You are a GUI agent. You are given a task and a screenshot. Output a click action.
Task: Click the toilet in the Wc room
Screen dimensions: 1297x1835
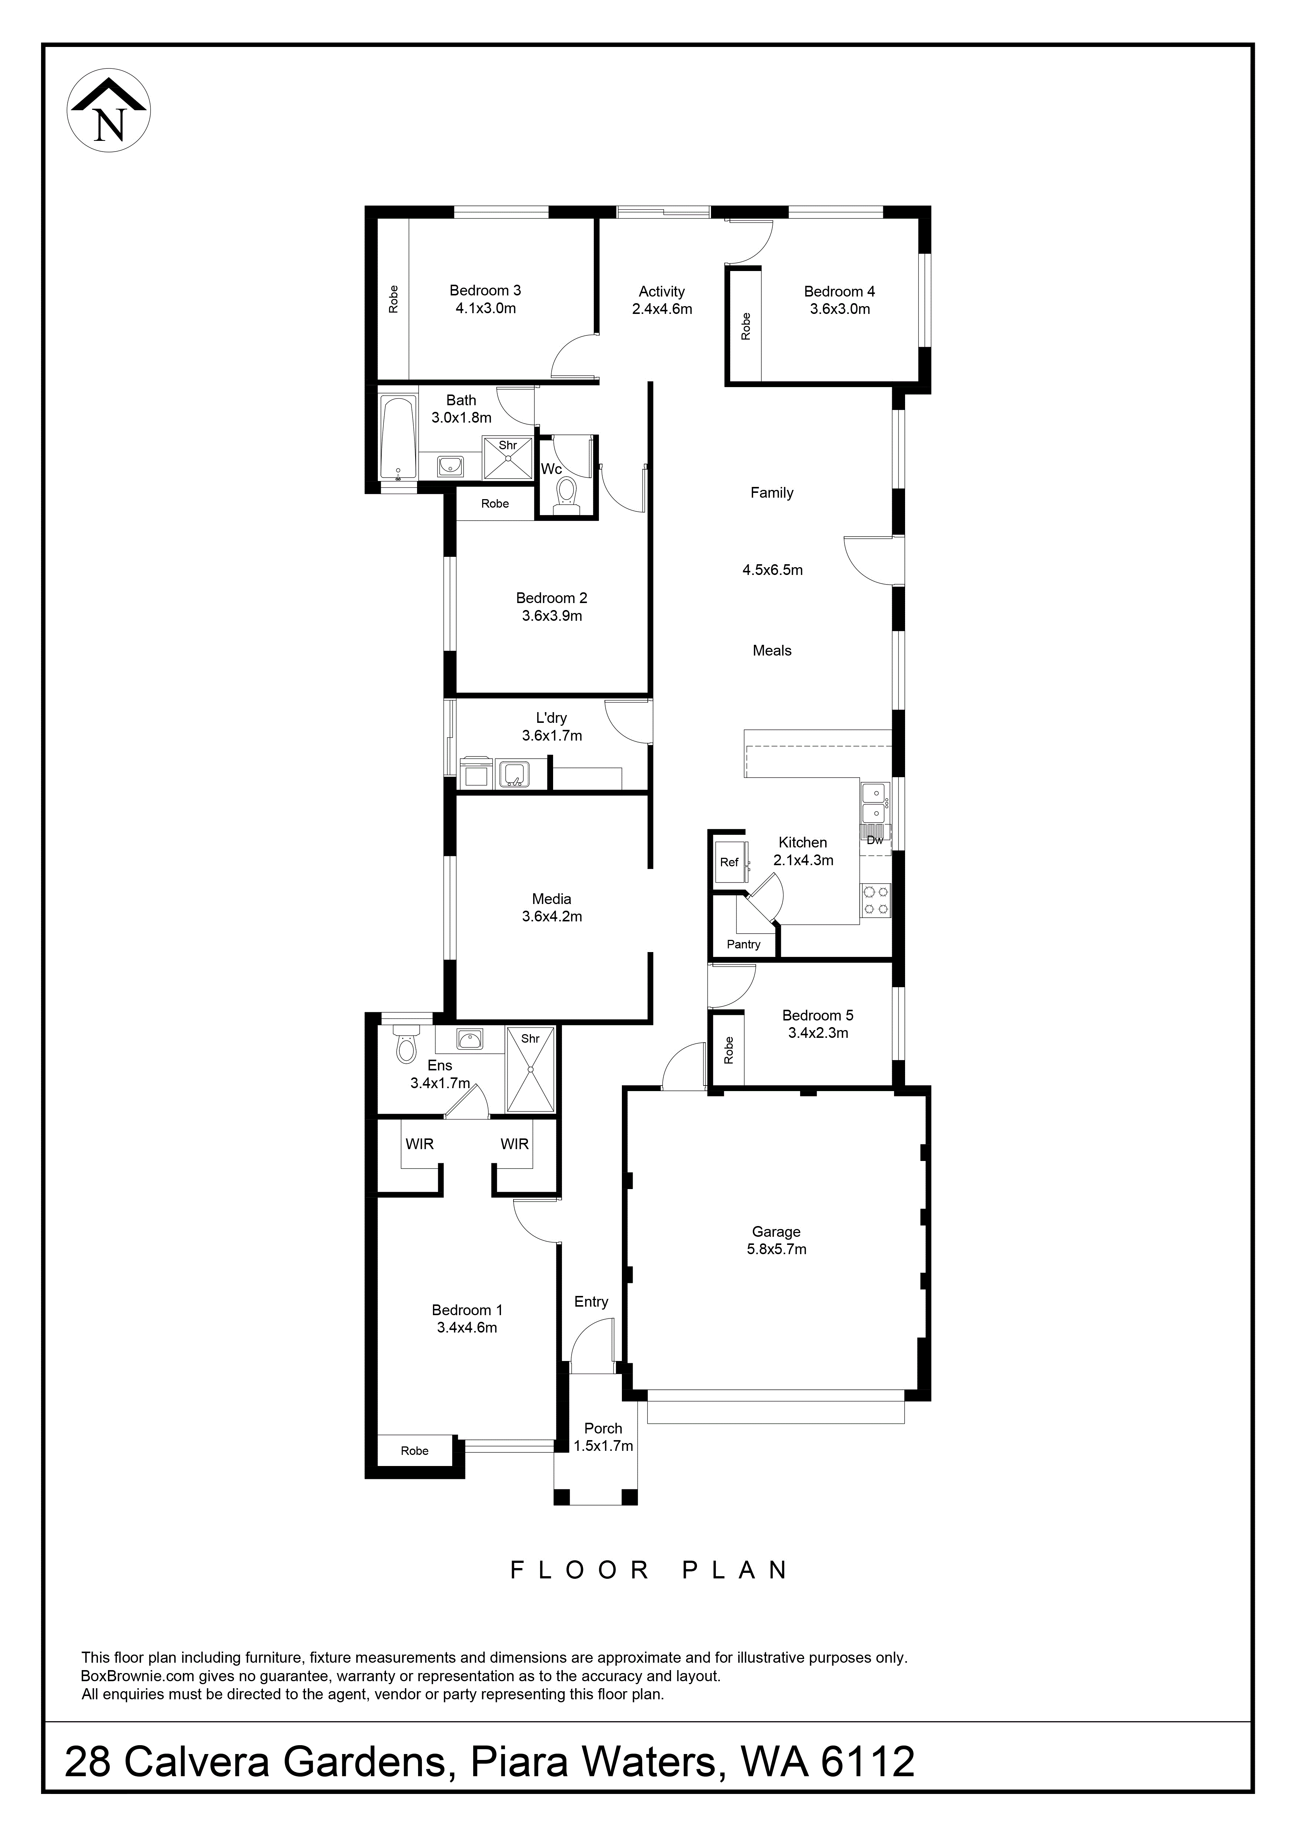[x=566, y=493]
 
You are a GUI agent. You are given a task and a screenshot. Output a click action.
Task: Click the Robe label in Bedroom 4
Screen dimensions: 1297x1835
[x=746, y=326]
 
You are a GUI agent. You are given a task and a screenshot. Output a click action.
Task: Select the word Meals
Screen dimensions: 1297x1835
[x=772, y=651]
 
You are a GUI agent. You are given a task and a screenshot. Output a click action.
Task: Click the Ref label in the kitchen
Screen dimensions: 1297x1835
[x=729, y=862]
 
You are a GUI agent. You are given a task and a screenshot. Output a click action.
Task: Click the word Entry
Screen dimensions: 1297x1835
[x=591, y=1302]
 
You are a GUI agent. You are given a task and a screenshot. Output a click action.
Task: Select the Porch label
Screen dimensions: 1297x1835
[x=603, y=1428]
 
